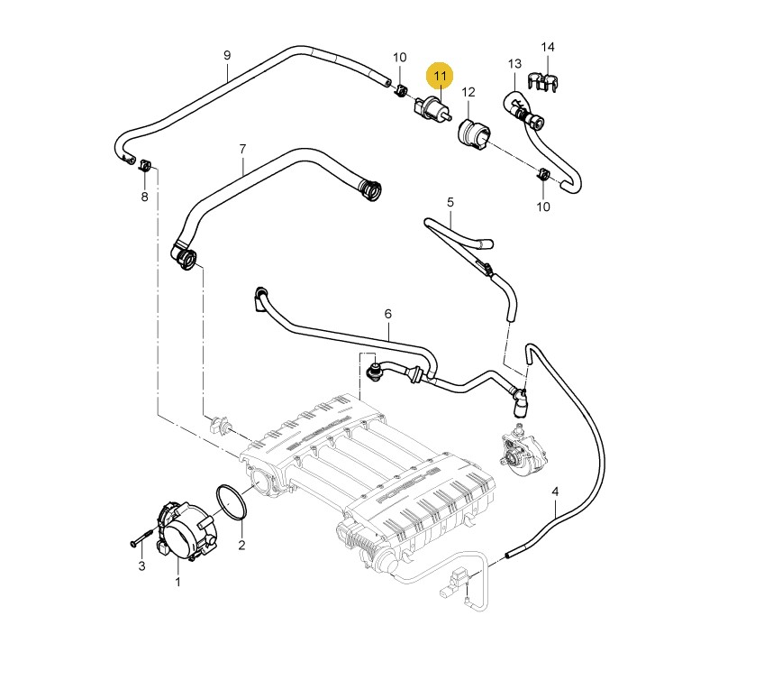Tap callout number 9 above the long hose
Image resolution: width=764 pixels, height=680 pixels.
click(227, 55)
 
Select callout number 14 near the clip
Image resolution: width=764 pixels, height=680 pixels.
click(548, 47)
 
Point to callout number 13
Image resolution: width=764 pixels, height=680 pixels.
click(514, 64)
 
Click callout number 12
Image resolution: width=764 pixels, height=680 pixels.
click(468, 92)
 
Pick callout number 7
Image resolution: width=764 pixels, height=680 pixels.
click(242, 148)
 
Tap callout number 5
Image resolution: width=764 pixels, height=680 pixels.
click(450, 203)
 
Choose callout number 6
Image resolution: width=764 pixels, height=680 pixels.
click(388, 314)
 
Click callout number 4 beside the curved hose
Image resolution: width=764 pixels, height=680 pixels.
click(555, 492)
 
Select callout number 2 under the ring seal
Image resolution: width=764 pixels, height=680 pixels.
click(241, 545)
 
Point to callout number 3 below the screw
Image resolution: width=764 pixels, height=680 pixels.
click(141, 565)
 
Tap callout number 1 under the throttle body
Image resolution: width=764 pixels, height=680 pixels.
click(177, 582)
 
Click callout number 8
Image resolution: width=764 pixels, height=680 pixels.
click(144, 197)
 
